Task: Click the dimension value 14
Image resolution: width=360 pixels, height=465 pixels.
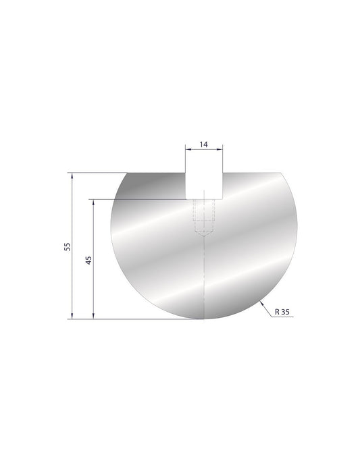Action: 203,144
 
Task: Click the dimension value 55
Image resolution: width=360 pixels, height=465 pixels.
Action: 66,246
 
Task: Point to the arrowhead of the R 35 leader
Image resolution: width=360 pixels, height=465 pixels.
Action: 261,302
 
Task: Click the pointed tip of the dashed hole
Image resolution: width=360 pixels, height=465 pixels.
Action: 203,237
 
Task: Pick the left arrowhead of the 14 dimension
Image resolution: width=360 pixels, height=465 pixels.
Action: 187,150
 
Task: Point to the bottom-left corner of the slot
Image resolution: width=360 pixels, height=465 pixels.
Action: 186,199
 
